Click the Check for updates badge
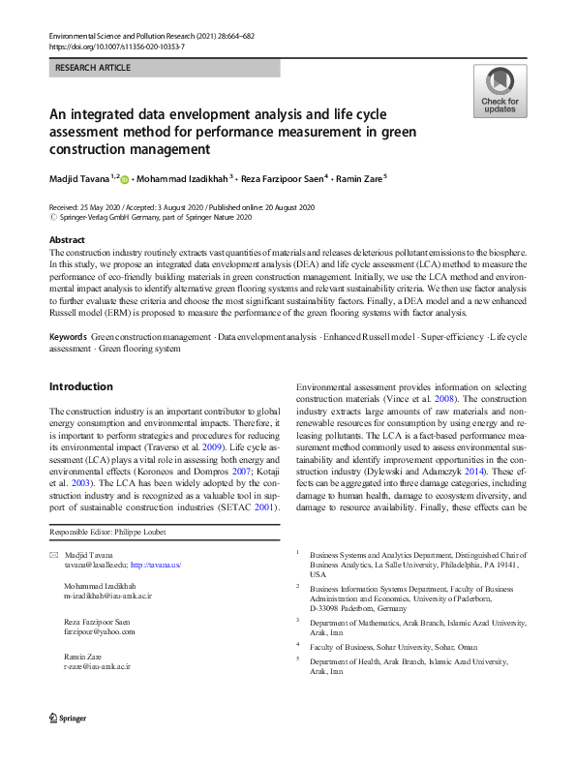pos(500,92)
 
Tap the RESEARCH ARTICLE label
pos(93,69)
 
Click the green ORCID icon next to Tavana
pos(125,178)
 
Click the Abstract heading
pos(67,239)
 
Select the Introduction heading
pos(80,386)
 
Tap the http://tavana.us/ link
pos(156,564)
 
